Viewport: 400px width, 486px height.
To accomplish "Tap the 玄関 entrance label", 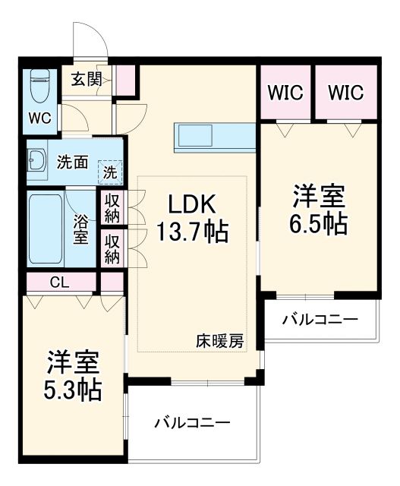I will point(87,79).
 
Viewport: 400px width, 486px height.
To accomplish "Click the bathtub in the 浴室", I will point(45,228).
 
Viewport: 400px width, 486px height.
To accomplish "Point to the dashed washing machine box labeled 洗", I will point(111,172).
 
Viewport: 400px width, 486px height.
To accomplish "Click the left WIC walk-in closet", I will point(285,93).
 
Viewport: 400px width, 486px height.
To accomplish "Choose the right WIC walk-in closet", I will point(346,93).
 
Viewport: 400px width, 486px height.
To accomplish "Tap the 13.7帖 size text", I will point(192,231).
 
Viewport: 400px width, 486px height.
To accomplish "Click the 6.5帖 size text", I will point(319,223).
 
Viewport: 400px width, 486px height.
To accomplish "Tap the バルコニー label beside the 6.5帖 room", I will point(319,320).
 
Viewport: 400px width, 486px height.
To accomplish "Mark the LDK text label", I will point(192,204).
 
